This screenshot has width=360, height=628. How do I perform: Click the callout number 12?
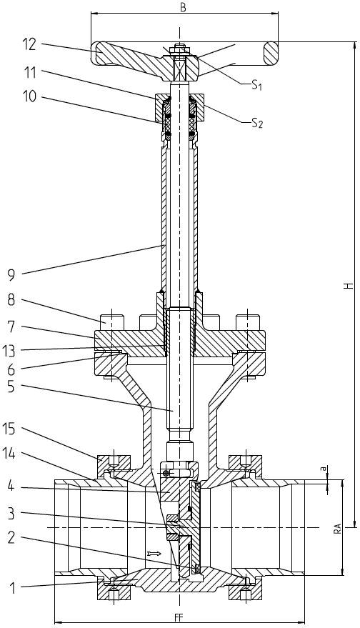pos(29,45)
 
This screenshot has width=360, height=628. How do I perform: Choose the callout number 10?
pos(29,97)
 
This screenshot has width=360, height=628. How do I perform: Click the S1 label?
pos(256,85)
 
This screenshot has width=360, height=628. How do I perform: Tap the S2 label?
pos(256,123)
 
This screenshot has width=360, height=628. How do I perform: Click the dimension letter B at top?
pos(183,8)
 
